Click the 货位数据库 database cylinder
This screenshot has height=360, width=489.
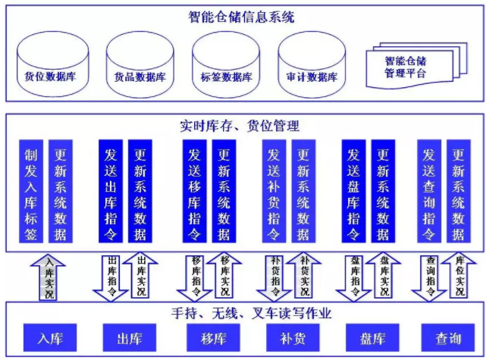53,64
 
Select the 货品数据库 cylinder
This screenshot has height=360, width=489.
140,64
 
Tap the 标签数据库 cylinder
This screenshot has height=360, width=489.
226,64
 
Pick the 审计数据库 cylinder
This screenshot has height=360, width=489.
312,64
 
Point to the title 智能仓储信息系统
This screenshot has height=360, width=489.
241,17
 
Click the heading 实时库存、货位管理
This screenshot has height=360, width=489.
240,126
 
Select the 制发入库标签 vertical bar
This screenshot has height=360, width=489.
31,191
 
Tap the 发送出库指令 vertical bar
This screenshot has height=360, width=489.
111,191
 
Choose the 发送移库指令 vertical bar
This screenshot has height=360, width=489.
194,191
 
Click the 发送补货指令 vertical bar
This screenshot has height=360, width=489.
274,191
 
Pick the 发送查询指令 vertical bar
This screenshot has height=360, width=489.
429,191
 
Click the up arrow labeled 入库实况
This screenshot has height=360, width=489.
48,277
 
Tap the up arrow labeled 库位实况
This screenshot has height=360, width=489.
459,275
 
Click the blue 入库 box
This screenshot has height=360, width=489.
50,337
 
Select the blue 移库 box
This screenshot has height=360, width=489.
213,337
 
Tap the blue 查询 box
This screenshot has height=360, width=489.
448,337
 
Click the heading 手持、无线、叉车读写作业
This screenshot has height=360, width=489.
251,313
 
